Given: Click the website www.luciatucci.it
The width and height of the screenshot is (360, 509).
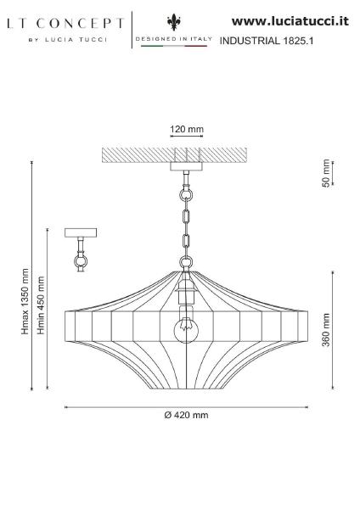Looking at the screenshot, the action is (x=290, y=21).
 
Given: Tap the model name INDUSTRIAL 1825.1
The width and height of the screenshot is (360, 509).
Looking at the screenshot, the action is (x=267, y=41).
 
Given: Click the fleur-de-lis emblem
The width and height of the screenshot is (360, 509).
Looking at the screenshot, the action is (x=174, y=22).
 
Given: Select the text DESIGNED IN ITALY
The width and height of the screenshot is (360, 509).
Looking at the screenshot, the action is (x=174, y=39).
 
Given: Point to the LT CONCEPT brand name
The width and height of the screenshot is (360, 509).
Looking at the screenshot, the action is (x=65, y=24).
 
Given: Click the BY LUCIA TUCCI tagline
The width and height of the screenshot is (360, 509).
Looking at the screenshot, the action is (x=68, y=40).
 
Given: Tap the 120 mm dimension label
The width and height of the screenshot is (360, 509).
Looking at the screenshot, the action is (x=187, y=129).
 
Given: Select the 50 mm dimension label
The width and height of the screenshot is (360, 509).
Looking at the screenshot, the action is (x=326, y=173).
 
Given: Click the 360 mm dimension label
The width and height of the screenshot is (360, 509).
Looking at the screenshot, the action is (x=326, y=330).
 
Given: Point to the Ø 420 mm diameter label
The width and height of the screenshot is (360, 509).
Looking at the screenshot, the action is (x=186, y=415).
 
